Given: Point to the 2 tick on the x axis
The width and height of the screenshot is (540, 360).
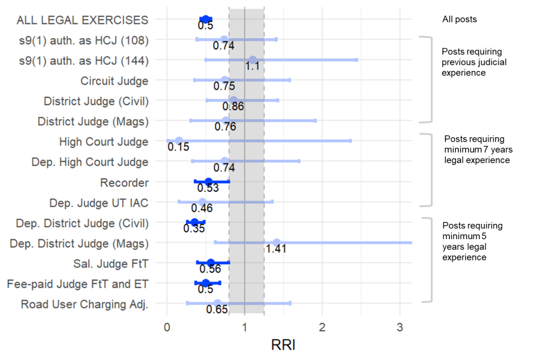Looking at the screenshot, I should tap(322, 326).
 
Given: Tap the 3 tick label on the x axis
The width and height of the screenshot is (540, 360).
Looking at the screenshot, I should tap(400, 326).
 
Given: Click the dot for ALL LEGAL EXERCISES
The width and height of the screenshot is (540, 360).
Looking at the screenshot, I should tap(206, 19).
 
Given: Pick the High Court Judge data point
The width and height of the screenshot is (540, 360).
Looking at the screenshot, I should tap(179, 141).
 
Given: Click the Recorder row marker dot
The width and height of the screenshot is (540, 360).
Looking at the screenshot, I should tap(208, 182).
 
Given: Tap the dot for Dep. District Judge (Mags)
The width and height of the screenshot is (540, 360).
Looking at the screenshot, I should tap(276, 242).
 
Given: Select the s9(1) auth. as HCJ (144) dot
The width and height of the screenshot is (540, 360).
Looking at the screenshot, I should tap(253, 60).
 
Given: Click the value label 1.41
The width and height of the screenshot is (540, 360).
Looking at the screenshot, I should tap(276, 249).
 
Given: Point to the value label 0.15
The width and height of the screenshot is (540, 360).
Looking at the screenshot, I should tap(178, 147).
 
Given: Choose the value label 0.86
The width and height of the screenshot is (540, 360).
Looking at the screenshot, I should tap(233, 106).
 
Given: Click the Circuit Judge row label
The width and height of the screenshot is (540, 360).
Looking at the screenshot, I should tap(114, 80).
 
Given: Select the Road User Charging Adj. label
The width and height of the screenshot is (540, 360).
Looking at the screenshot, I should tap(84, 304).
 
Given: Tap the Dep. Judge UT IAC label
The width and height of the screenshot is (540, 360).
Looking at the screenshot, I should tap(98, 202).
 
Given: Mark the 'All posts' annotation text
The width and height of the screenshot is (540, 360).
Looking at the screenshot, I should tap(460, 19).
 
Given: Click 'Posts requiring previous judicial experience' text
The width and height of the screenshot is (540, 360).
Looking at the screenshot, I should tap(474, 62).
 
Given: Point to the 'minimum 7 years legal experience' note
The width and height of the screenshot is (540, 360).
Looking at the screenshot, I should tap(478, 150).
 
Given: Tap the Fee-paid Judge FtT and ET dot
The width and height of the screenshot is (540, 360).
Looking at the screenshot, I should tap(206, 283).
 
